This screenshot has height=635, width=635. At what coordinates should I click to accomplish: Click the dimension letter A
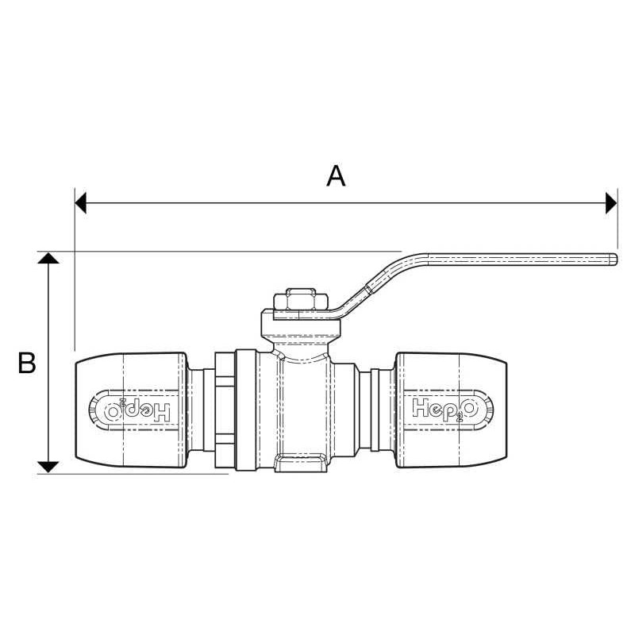click(337, 175)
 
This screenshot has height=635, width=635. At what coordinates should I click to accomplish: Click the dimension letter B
click(27, 364)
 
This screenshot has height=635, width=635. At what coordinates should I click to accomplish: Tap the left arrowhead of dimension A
click(80, 202)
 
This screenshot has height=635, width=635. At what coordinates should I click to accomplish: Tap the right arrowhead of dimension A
click(611, 202)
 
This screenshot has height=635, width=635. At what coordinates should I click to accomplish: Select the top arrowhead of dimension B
click(49, 260)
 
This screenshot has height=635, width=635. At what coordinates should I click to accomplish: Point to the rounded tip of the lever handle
click(614, 259)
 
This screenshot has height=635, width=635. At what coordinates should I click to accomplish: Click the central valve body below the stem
click(305, 405)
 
